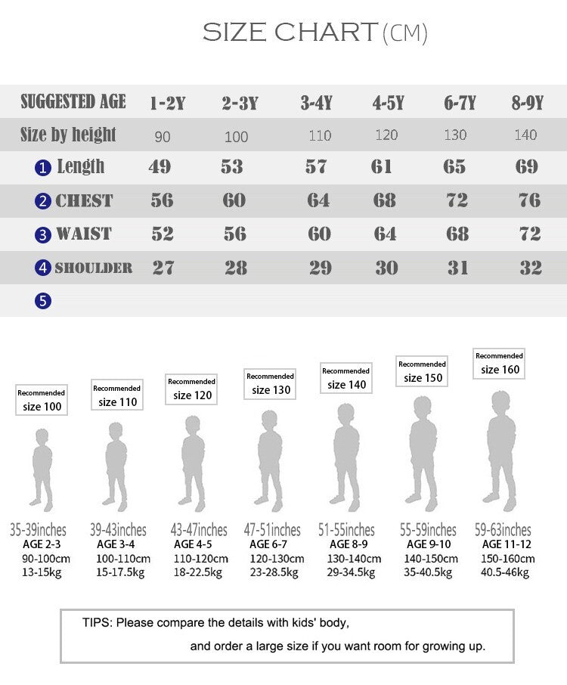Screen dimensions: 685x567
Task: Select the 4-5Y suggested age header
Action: [x=388, y=104]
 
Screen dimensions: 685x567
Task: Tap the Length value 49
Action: [x=160, y=167]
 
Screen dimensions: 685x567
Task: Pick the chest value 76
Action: [x=529, y=200]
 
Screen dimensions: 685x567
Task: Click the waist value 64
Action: [x=385, y=234]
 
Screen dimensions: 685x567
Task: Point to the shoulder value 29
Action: [x=320, y=268]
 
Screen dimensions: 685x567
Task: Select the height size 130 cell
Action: [x=455, y=135]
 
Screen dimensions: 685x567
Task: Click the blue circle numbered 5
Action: [x=43, y=301]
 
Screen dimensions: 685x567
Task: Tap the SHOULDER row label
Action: [x=93, y=268]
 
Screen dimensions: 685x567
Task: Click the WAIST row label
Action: [x=83, y=234]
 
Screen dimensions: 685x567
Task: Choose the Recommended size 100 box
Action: [x=42, y=400]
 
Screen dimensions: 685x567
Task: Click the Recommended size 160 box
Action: [x=499, y=363]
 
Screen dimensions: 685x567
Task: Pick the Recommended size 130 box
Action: [x=270, y=383]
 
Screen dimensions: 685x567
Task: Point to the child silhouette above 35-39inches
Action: [x=42, y=468]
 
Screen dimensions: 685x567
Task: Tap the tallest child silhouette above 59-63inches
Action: [x=501, y=451]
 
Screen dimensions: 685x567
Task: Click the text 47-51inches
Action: [x=272, y=530]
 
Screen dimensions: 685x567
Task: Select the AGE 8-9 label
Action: [x=349, y=544]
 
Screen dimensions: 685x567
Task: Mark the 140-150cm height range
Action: [x=429, y=559]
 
